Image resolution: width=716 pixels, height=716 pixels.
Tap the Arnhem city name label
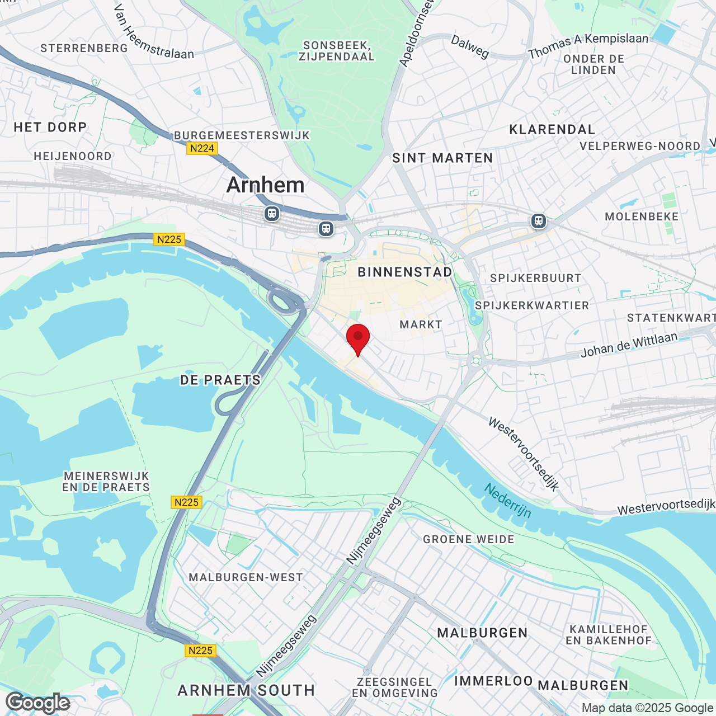point(265,185)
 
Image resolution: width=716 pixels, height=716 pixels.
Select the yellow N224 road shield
point(202,148)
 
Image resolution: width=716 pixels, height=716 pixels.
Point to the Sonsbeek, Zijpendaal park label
point(336,51)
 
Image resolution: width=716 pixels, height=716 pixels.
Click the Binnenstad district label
point(405,272)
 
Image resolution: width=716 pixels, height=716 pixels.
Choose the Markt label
point(421,324)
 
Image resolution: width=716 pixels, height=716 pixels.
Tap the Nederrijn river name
point(507,501)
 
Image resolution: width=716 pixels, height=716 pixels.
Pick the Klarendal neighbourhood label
point(552,130)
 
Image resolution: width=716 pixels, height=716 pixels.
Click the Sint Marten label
point(442,158)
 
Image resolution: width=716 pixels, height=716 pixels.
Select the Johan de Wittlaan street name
point(629,345)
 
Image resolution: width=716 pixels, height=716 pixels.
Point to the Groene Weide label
point(468,539)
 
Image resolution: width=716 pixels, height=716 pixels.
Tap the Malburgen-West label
point(246,577)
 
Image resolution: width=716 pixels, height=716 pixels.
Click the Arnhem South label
point(246,691)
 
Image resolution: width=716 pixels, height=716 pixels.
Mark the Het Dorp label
point(50,128)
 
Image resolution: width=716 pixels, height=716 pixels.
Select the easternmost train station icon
point(539,221)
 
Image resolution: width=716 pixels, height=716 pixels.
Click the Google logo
point(37,703)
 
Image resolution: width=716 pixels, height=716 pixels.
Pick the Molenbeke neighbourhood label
point(642,216)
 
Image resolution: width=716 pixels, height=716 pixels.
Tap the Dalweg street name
point(470,47)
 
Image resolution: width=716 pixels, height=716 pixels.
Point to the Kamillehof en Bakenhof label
point(609,635)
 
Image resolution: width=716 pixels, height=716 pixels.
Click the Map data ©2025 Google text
point(648,708)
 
